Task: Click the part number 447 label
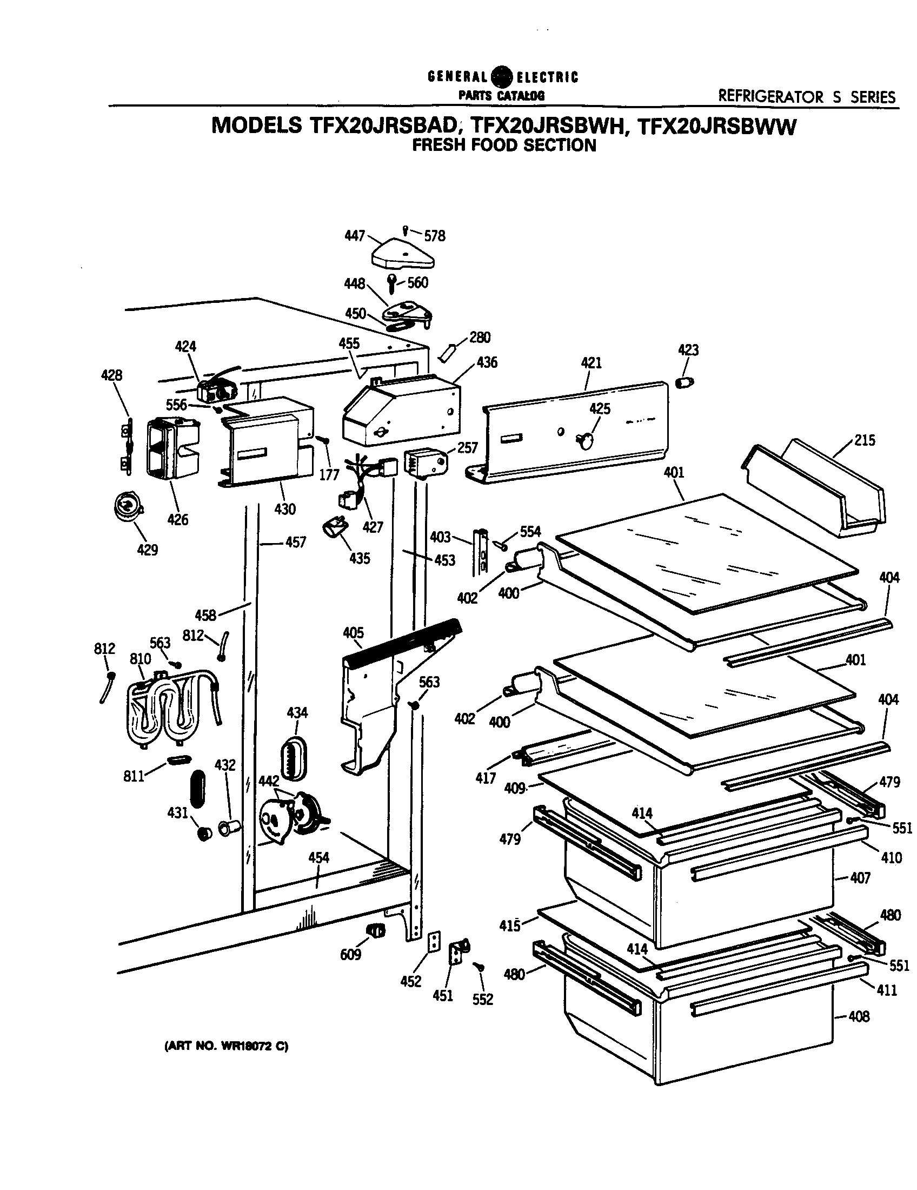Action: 354,236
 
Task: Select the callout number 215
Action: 865,440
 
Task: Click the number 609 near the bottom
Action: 350,954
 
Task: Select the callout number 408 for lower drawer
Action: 859,1016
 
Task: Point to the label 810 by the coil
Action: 140,659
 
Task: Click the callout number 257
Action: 467,448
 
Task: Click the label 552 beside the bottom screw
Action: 482,999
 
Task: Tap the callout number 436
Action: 486,362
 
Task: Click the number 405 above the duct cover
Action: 354,633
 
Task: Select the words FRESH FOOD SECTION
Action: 504,146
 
